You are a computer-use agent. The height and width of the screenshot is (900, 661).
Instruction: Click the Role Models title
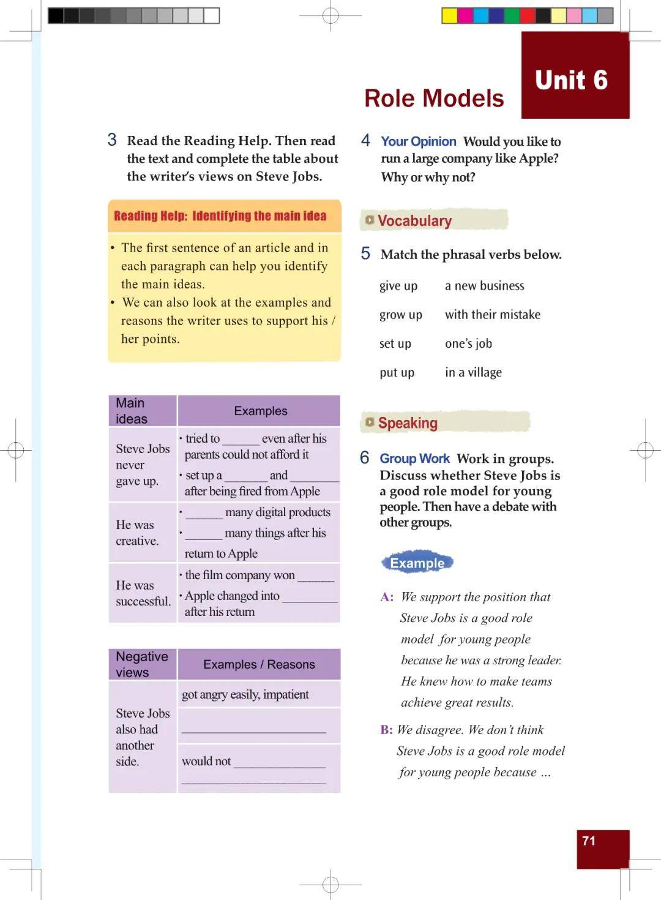[434, 99]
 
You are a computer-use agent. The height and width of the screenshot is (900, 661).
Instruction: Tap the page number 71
[589, 841]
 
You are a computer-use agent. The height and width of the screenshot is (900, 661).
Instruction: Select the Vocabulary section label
[414, 221]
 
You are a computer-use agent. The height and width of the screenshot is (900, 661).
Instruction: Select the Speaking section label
[408, 423]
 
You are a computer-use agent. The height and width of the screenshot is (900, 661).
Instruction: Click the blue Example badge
[417, 563]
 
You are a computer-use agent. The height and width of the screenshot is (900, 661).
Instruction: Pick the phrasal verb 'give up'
[398, 286]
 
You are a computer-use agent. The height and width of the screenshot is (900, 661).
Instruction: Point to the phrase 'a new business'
[484, 286]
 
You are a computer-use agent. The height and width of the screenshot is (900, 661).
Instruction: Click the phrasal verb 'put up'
[397, 372]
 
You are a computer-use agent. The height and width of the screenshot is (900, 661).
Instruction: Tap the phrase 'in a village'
[473, 372]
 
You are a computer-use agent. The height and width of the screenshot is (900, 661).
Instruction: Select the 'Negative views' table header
[142, 664]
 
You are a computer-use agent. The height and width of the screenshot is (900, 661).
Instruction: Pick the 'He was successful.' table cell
[143, 593]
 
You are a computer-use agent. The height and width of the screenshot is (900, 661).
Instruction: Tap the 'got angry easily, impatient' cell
[245, 694]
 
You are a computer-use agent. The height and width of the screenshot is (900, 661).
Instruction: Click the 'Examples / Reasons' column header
[259, 664]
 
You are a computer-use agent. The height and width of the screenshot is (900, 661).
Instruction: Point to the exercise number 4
[365, 141]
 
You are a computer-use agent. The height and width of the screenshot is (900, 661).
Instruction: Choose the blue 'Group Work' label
[414, 459]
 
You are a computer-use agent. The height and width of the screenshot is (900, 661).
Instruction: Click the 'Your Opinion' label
[418, 141]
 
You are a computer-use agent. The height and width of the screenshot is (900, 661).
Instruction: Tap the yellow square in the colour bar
[450, 16]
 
